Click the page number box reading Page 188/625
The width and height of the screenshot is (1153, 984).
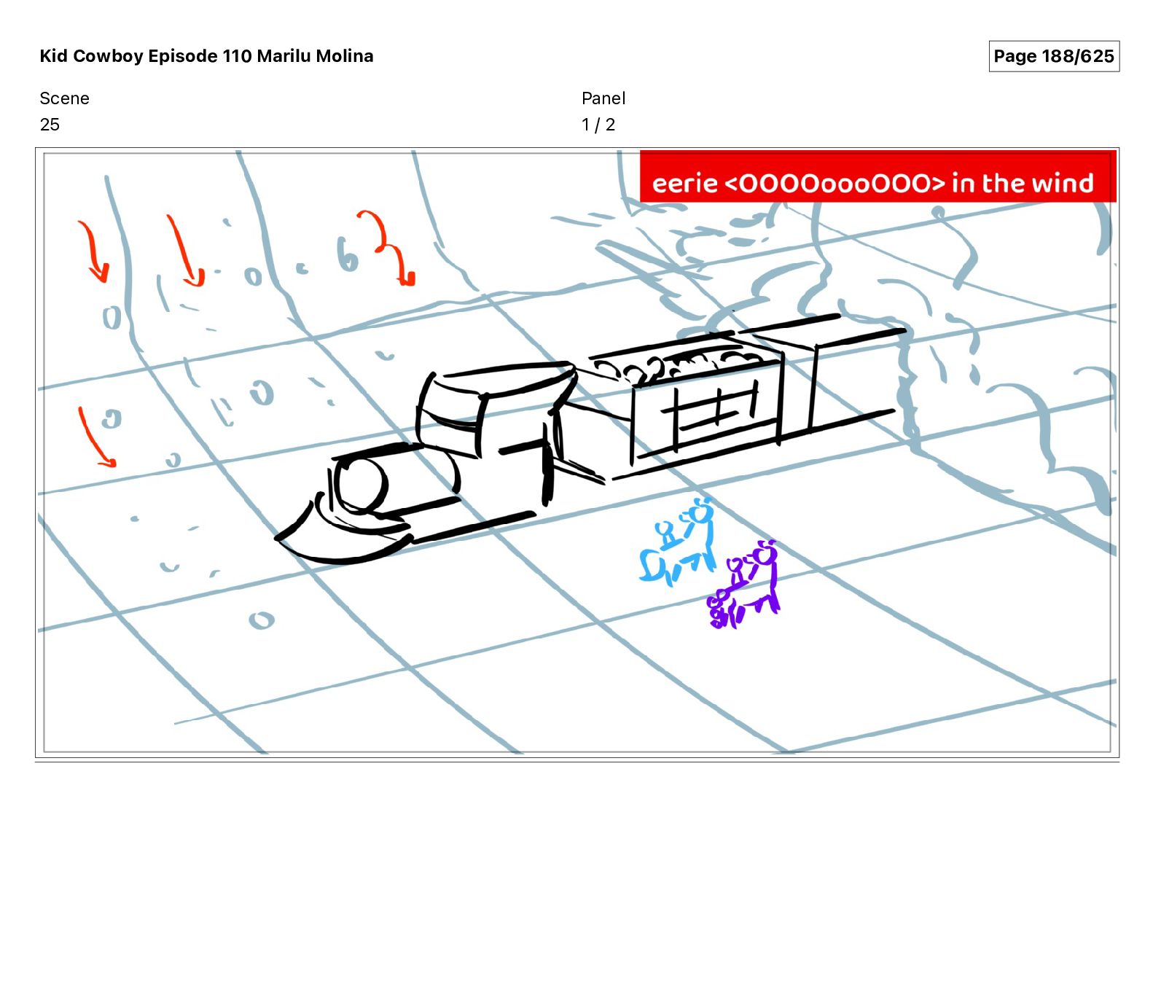pos(1053,56)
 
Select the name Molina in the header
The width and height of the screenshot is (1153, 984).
pos(344,56)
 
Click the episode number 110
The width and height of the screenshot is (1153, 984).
pos(237,56)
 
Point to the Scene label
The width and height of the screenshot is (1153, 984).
pos(64,98)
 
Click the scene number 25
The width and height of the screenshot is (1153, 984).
pos(50,125)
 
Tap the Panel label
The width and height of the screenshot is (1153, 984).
pos(603,98)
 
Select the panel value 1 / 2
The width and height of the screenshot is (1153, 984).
pos(598,125)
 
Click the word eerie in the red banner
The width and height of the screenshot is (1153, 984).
pos(684,183)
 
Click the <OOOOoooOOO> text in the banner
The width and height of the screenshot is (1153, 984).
pos(835,183)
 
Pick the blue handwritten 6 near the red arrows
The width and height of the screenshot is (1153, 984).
pos(347,254)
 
